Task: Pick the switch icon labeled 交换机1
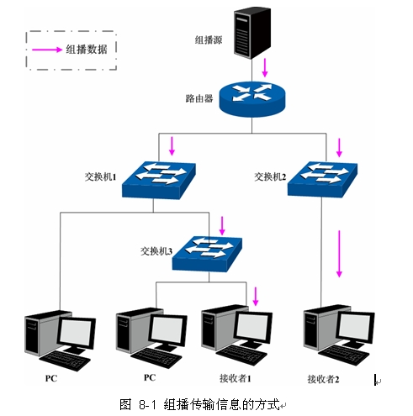(159, 180)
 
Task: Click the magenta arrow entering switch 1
(172, 147)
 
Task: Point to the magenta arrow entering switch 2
(340, 148)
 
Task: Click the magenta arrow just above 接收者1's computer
(256, 296)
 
